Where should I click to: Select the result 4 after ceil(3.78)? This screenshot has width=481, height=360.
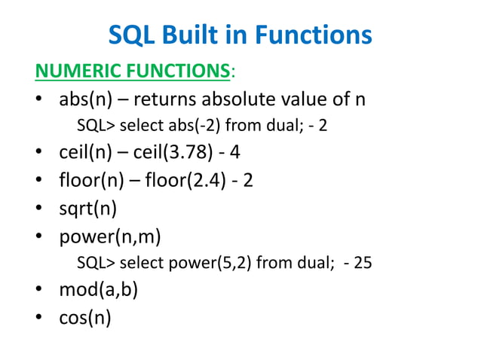[x=235, y=153]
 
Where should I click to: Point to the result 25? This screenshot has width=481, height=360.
[x=363, y=264]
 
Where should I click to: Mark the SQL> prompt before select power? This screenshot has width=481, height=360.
[x=97, y=264]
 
